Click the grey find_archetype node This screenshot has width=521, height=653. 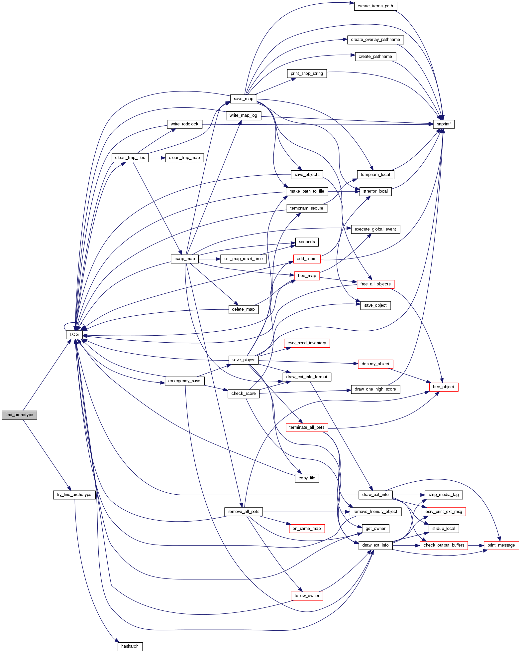19,415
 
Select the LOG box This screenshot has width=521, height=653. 74,334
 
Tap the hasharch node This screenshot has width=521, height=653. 130,646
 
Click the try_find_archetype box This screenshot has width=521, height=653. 74,495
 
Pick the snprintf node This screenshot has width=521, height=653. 444,124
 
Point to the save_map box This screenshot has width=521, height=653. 244,99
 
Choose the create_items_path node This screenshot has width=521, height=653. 375,6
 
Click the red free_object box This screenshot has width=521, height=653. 443,387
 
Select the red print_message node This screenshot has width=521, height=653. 501,545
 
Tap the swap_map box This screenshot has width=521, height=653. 185,259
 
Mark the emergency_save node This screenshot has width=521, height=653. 184,381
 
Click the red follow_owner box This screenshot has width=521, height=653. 307,596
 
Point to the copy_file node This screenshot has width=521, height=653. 307,478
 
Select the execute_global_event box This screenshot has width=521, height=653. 375,229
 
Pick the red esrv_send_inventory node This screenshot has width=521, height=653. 307,343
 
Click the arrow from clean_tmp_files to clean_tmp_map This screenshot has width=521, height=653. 157,158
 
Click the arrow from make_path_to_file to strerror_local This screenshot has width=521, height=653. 344,191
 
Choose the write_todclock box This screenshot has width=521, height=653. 184,124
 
